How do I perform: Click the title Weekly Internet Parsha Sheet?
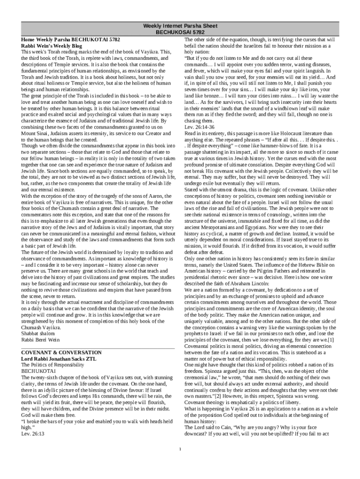coord(180,26)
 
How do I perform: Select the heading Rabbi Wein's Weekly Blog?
coord(50,46)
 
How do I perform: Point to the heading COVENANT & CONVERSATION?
coord(62,352)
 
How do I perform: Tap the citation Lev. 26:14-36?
coord(199,127)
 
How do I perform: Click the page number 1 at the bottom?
coord(180,450)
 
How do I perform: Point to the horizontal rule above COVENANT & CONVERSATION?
coord(98,348)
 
